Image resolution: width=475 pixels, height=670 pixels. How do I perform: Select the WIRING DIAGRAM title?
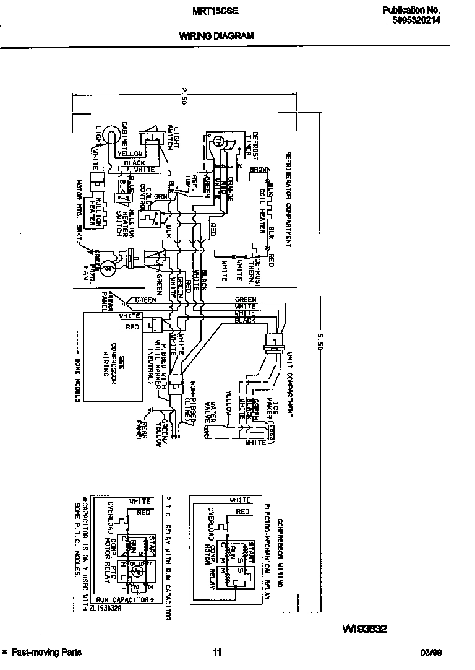(216, 36)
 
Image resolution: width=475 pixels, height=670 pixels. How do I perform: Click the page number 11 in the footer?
(217, 652)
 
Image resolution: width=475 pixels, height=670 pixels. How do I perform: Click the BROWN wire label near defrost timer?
(259, 169)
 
